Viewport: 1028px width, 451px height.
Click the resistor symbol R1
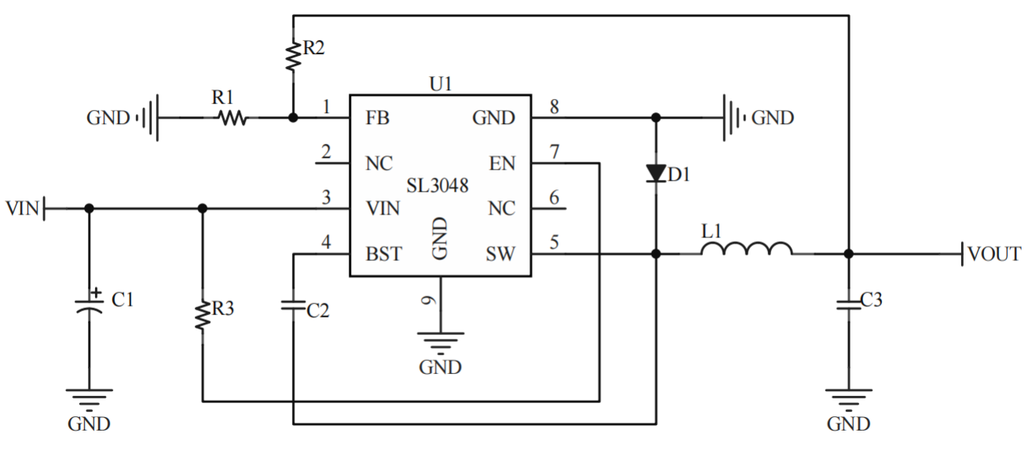(x=232, y=118)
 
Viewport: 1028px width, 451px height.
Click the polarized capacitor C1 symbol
(x=89, y=306)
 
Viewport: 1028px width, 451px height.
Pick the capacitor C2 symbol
(x=293, y=306)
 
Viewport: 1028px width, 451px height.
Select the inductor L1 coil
(x=746, y=250)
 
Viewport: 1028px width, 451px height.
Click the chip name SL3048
(x=437, y=186)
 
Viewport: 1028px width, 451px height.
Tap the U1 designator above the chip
(x=441, y=84)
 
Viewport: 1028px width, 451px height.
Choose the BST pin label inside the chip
(x=384, y=254)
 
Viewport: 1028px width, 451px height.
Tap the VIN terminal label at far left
(x=21, y=209)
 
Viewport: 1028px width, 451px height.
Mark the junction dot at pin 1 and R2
(x=293, y=118)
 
